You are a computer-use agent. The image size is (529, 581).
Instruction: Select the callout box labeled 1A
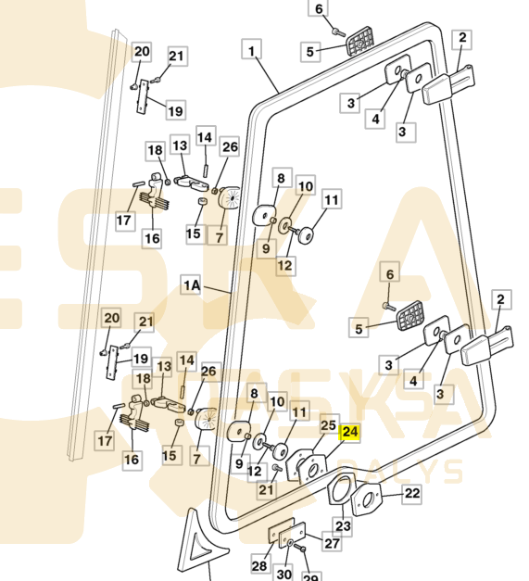point(192,285)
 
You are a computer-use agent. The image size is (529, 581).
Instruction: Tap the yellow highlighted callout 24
point(350,432)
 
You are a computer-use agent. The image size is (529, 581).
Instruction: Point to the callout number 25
point(329,425)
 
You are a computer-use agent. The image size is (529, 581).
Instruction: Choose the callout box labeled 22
point(412,494)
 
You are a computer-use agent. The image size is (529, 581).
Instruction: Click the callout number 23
point(343,526)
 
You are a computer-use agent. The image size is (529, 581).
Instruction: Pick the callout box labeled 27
point(332,543)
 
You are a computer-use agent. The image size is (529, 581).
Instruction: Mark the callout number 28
point(259,565)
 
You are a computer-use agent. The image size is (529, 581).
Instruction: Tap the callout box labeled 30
point(283,574)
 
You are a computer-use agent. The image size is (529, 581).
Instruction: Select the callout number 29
point(310,576)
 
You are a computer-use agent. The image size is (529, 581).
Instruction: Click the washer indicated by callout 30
point(290,544)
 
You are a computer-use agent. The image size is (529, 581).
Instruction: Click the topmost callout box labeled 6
point(318,8)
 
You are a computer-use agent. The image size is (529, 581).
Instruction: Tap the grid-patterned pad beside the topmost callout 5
point(360,41)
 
